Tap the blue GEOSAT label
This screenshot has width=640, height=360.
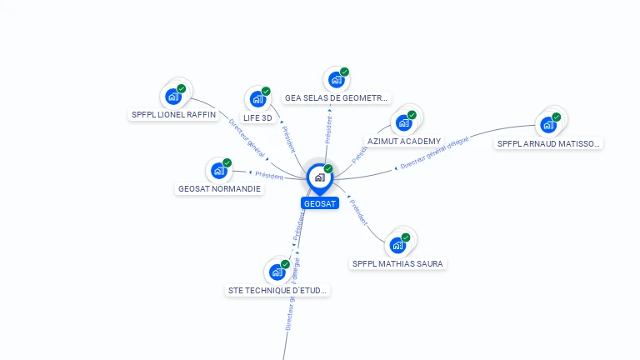point(320,203)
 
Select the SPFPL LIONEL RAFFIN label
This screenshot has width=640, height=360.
point(173,115)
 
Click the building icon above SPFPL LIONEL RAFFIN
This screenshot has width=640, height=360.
point(174,96)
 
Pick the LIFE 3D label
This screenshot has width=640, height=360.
point(257,117)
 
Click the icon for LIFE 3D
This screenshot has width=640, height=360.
point(258,99)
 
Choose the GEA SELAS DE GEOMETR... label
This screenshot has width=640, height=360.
point(336,98)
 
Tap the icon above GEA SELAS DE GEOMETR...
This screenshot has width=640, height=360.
point(337,79)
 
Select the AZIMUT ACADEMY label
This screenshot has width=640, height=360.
point(404,142)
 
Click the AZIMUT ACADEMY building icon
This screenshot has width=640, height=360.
point(404,122)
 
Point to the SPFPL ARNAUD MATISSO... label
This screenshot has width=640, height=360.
point(547,143)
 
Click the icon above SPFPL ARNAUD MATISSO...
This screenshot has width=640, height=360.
point(548,124)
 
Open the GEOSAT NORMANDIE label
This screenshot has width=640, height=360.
point(219,189)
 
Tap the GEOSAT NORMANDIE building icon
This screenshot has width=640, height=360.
point(219,170)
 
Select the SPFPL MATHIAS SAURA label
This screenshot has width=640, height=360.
point(397,264)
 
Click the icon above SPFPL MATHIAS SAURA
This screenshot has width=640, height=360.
point(398,245)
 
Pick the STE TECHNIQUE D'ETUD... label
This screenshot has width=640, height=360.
point(277,291)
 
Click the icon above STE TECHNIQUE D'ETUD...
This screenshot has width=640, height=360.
point(277,272)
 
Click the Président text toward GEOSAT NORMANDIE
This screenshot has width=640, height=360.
point(269,175)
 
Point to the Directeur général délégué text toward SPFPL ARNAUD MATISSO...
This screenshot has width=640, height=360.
point(434,153)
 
